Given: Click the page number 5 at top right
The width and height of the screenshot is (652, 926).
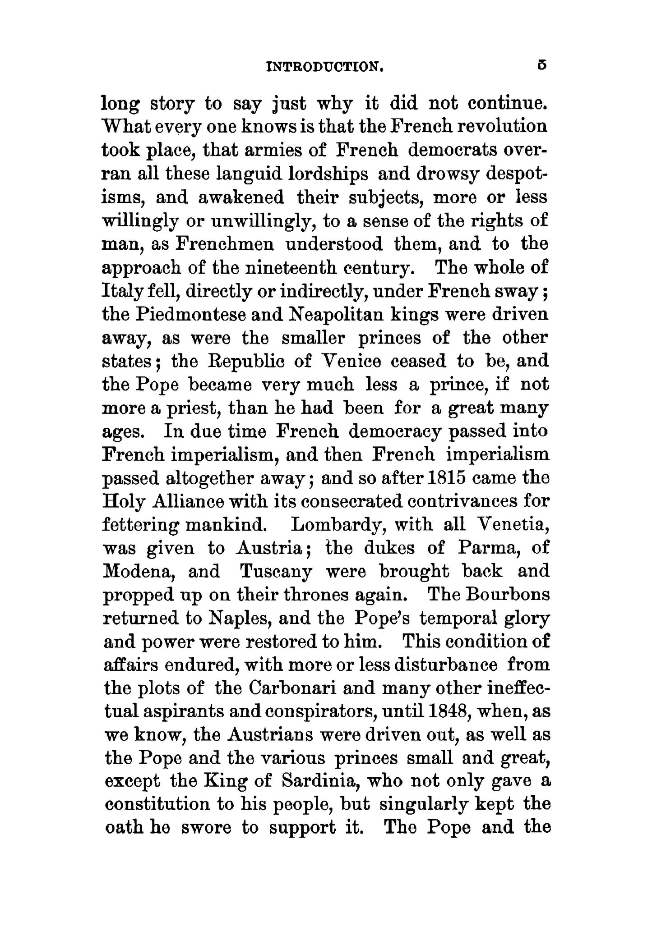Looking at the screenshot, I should [x=542, y=65].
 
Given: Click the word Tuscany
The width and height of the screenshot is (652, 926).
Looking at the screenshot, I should [x=276, y=572].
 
